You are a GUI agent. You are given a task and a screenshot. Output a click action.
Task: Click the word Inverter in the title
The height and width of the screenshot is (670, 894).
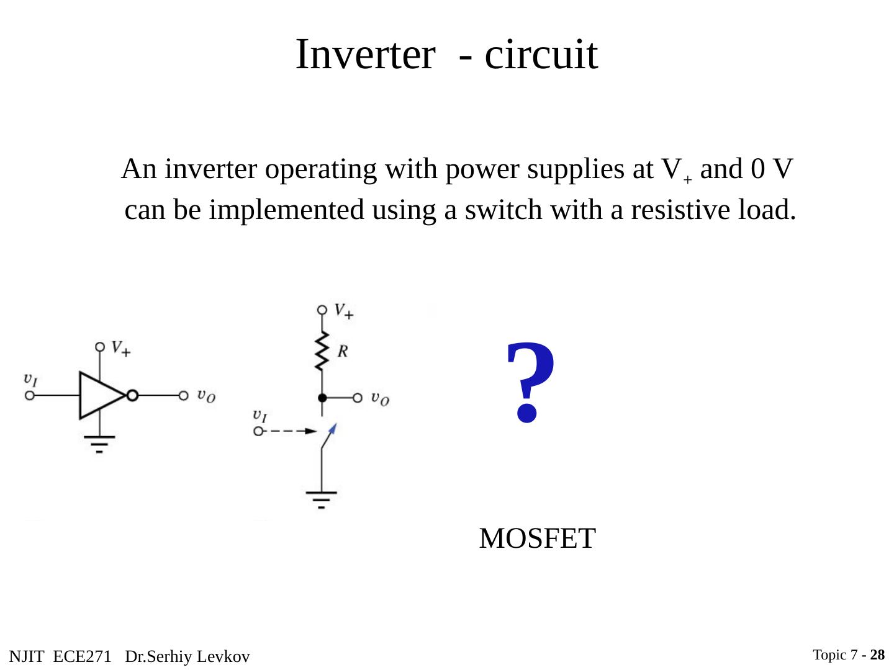click(x=364, y=55)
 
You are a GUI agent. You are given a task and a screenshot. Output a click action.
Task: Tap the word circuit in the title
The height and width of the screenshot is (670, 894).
click(x=541, y=55)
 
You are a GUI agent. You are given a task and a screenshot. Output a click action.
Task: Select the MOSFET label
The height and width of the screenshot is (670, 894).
click(x=537, y=538)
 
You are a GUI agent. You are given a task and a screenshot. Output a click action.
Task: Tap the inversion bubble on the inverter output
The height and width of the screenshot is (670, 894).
click(x=132, y=395)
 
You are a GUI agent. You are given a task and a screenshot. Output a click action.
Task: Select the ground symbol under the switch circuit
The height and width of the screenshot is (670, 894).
click(x=321, y=498)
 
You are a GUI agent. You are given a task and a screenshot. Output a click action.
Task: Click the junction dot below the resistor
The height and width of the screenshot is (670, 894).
click(x=322, y=398)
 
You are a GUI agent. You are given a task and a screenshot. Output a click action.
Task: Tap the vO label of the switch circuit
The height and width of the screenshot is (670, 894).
click(x=380, y=398)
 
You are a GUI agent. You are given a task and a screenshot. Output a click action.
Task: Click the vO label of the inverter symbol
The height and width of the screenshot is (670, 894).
click(x=207, y=395)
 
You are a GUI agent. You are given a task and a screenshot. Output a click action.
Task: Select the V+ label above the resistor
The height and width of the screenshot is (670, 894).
click(x=343, y=310)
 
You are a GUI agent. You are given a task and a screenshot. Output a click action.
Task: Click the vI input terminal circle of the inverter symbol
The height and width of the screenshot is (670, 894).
click(x=29, y=395)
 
